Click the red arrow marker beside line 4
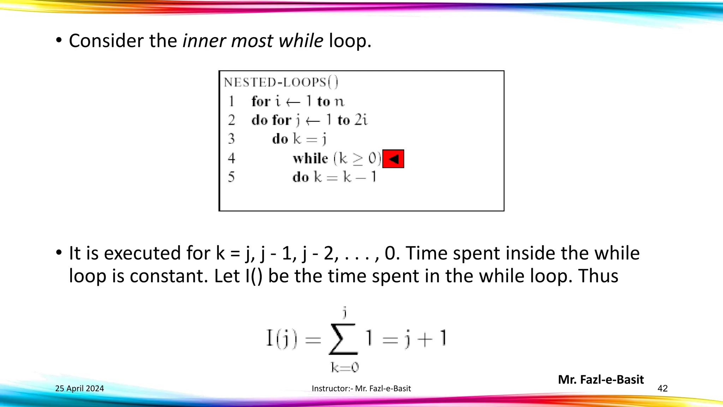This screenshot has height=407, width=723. [393, 159]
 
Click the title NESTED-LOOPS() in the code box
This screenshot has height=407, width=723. [281, 82]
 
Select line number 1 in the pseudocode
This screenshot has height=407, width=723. [231, 101]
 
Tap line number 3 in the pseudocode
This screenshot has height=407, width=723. [231, 139]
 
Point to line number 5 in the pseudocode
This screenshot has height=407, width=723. [231, 177]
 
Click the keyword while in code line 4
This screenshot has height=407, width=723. [310, 158]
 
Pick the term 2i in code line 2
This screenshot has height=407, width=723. [361, 120]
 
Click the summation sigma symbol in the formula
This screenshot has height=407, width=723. [343, 339]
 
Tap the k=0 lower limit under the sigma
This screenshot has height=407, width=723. [345, 368]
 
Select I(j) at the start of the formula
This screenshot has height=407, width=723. [281, 339]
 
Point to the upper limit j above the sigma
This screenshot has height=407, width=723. [345, 312]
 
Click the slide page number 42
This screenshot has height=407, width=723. [662, 389]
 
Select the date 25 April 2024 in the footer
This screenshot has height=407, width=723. [79, 389]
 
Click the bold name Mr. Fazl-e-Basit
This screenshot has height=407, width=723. [601, 379]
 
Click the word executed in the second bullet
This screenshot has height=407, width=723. [143, 253]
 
